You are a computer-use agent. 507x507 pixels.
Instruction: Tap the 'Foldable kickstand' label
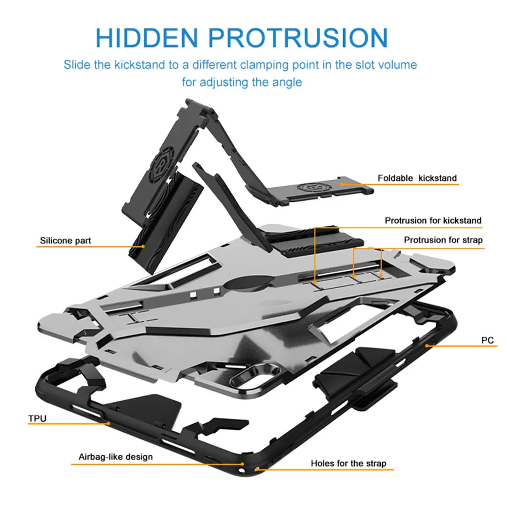417,178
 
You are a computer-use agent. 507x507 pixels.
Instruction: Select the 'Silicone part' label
65,241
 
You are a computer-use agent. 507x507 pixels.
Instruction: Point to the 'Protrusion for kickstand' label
433,220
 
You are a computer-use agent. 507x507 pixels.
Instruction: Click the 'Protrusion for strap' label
443,240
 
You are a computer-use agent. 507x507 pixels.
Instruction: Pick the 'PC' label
487,340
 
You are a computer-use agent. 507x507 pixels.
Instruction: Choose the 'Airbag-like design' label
115,457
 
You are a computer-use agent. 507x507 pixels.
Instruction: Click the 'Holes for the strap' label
348,463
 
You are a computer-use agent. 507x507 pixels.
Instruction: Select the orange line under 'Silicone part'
91,247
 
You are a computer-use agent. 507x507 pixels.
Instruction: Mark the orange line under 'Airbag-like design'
155,464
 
